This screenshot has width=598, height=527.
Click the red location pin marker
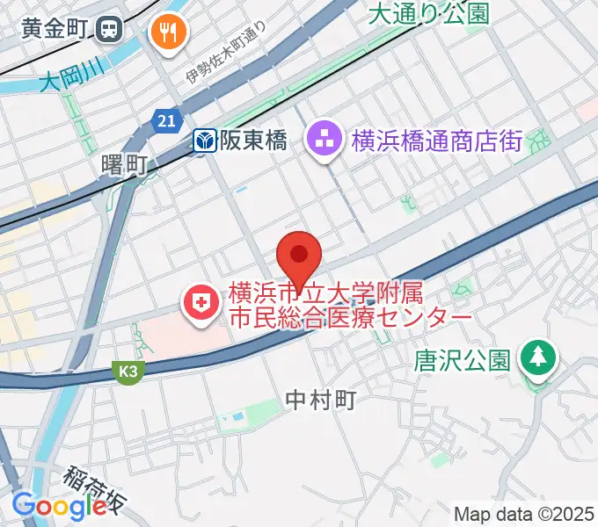click(300, 257)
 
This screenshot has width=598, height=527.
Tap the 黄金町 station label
click(54, 30)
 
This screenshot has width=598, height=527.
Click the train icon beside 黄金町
click(112, 30)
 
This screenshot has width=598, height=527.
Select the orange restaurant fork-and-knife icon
click(165, 33)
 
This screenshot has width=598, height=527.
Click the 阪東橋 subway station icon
click(206, 141)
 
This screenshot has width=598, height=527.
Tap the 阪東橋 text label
click(253, 141)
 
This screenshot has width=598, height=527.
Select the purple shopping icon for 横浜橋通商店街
click(325, 139)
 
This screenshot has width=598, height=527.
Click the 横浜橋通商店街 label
click(437, 141)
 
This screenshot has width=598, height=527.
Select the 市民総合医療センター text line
click(351, 317)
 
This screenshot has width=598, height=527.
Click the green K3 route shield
click(128, 372)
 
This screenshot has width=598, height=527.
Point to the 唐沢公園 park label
click(463, 360)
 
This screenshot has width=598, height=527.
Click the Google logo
click(59, 506)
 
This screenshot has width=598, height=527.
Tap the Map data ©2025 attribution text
click(524, 514)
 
